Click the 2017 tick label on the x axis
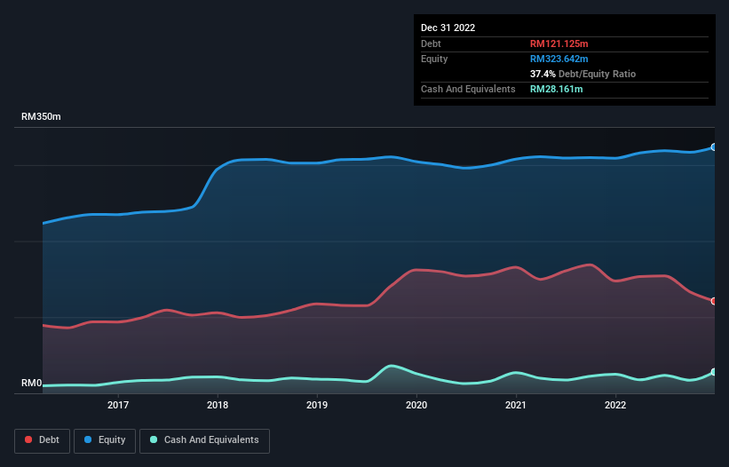118,405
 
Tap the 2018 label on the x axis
218,405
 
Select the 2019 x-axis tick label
317,405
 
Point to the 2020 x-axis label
416,405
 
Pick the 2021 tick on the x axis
516,405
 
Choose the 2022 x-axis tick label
615,405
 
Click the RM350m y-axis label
41,117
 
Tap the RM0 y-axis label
31,384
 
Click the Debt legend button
42,440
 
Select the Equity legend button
105,440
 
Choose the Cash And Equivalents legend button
204,440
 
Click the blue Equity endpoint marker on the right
714,147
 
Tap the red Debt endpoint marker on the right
714,301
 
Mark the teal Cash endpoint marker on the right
714,372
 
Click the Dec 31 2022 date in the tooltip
448,28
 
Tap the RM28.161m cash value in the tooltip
556,89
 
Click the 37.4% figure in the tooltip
542,74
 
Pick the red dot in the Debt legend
29,440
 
